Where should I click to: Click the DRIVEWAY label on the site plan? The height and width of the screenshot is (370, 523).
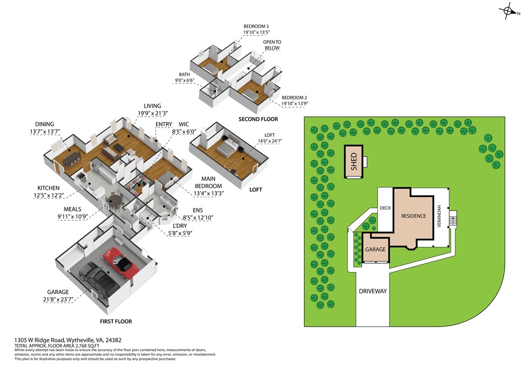tap(372, 291)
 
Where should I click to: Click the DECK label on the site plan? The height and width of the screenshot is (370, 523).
tap(385, 208)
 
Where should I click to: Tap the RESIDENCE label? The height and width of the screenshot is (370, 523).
tap(413, 216)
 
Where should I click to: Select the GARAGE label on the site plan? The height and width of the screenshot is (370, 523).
tap(375, 249)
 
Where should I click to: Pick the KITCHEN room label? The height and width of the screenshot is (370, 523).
tap(49, 188)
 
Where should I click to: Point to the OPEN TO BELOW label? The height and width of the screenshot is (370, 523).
tap(271, 45)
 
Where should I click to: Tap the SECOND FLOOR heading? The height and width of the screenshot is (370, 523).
tap(258, 119)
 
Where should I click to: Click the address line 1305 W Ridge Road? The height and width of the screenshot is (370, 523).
tap(68, 340)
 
